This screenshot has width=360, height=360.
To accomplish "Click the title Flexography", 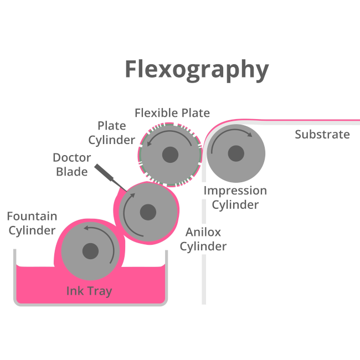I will pyautogui.click(x=197, y=70).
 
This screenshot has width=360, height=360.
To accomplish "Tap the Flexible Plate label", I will pyautogui.click(x=172, y=113).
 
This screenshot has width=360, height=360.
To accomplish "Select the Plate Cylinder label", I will pyautogui.click(x=112, y=133).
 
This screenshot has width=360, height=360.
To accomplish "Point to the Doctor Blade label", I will pyautogui.click(x=72, y=164).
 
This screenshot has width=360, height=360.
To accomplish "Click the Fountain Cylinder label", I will pyautogui.click(x=32, y=223).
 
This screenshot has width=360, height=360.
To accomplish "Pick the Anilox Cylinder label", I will pyautogui.click(x=203, y=239).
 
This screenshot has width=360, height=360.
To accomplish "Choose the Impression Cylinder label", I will pyautogui.click(x=235, y=198).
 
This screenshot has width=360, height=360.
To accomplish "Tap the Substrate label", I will pyautogui.click(x=322, y=135).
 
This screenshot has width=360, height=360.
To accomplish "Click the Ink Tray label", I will pyautogui.click(x=89, y=291).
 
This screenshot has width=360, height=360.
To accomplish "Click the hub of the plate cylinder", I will pyautogui.click(x=169, y=155).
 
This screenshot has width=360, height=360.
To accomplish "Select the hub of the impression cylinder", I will pyautogui.click(x=236, y=153).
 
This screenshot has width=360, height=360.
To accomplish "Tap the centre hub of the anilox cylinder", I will pyautogui.click(x=148, y=212).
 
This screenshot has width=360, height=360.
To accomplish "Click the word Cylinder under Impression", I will pyautogui.click(x=235, y=205).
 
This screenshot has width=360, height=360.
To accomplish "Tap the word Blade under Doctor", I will pyautogui.click(x=72, y=172).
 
